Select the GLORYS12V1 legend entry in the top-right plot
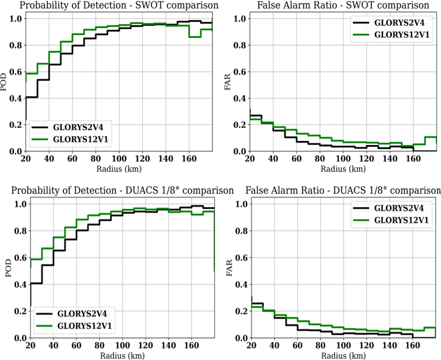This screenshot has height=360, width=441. tap(391, 35)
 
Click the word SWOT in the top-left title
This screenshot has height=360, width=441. tap(147, 5)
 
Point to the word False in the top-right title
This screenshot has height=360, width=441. tap(268, 5)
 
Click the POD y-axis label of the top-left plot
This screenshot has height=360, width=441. tap(3, 82)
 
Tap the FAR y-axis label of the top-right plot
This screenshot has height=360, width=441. tap(227, 82)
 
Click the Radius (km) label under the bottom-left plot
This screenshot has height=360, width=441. tap(123, 355)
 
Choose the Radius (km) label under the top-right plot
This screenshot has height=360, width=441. tap(343, 169)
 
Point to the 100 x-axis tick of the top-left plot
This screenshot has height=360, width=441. tap(119, 159)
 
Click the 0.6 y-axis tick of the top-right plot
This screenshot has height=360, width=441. tap(240, 72)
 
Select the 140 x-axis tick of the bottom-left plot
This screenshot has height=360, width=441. tap(168, 345)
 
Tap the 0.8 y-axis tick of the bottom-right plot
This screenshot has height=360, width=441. tap(241, 231)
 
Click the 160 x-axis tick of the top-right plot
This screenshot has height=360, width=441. tap(413, 159)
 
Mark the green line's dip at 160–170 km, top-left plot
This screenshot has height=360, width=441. tap(195, 37)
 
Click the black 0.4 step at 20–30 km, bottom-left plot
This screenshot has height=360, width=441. tap(36, 283)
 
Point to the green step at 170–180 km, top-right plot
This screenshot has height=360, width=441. tap(431, 137)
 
